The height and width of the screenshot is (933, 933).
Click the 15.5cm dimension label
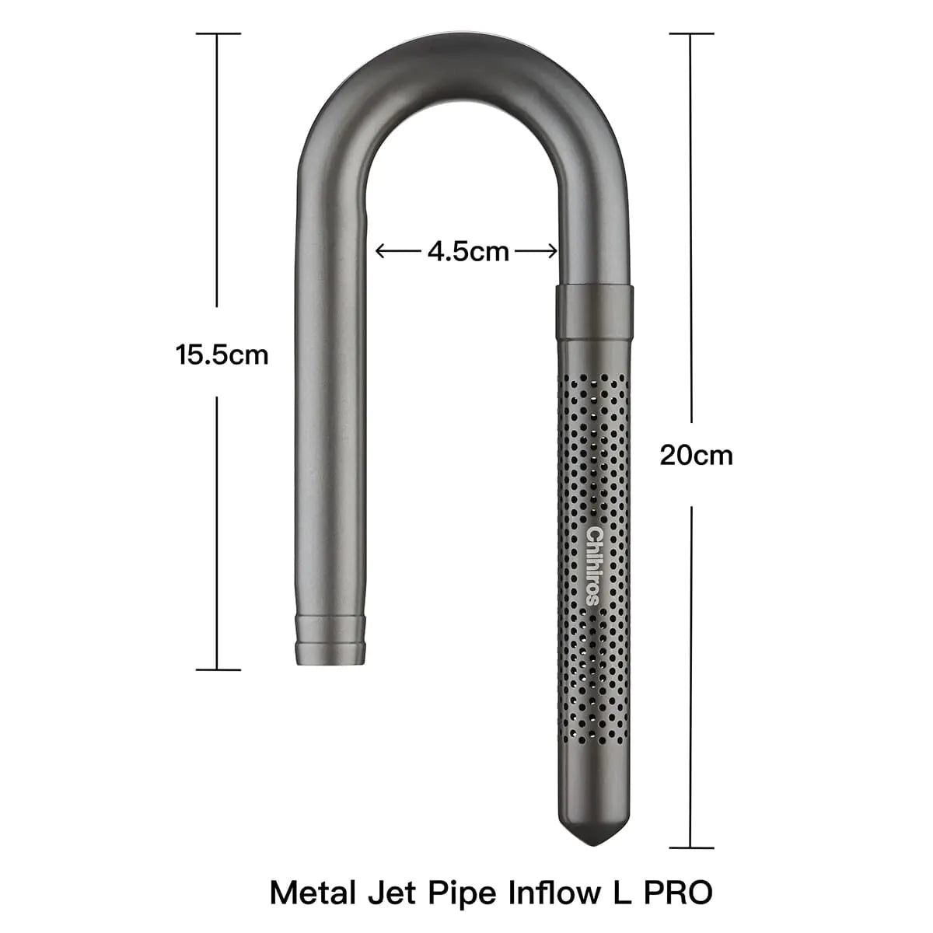(x=222, y=355)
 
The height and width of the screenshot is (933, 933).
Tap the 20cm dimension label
(x=696, y=455)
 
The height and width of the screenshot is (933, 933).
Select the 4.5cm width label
(x=468, y=251)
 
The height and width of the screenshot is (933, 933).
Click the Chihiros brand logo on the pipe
(x=594, y=565)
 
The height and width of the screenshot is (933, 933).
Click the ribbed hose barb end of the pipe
(x=330, y=639)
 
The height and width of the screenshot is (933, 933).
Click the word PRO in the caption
(x=678, y=892)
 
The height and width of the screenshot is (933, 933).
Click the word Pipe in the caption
(x=463, y=892)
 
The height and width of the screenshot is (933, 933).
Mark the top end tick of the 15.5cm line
(x=218, y=33)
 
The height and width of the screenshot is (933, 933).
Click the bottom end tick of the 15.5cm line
(x=218, y=669)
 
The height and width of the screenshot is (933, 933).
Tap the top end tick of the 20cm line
(x=691, y=33)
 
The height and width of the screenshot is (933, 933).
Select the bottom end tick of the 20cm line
(x=691, y=847)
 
